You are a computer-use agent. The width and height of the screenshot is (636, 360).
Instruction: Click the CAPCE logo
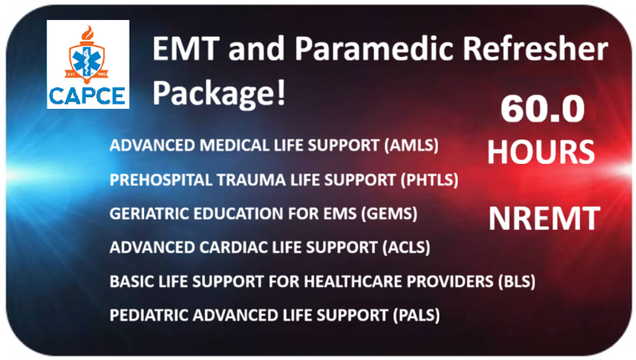88,65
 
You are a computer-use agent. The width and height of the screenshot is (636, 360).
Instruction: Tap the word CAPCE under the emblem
88,94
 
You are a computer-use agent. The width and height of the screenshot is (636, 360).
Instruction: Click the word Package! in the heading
219,91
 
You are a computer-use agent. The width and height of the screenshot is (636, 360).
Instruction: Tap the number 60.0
541,111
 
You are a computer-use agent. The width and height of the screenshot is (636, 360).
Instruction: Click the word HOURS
541,152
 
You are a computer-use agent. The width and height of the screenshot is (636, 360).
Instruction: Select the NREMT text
544,219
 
